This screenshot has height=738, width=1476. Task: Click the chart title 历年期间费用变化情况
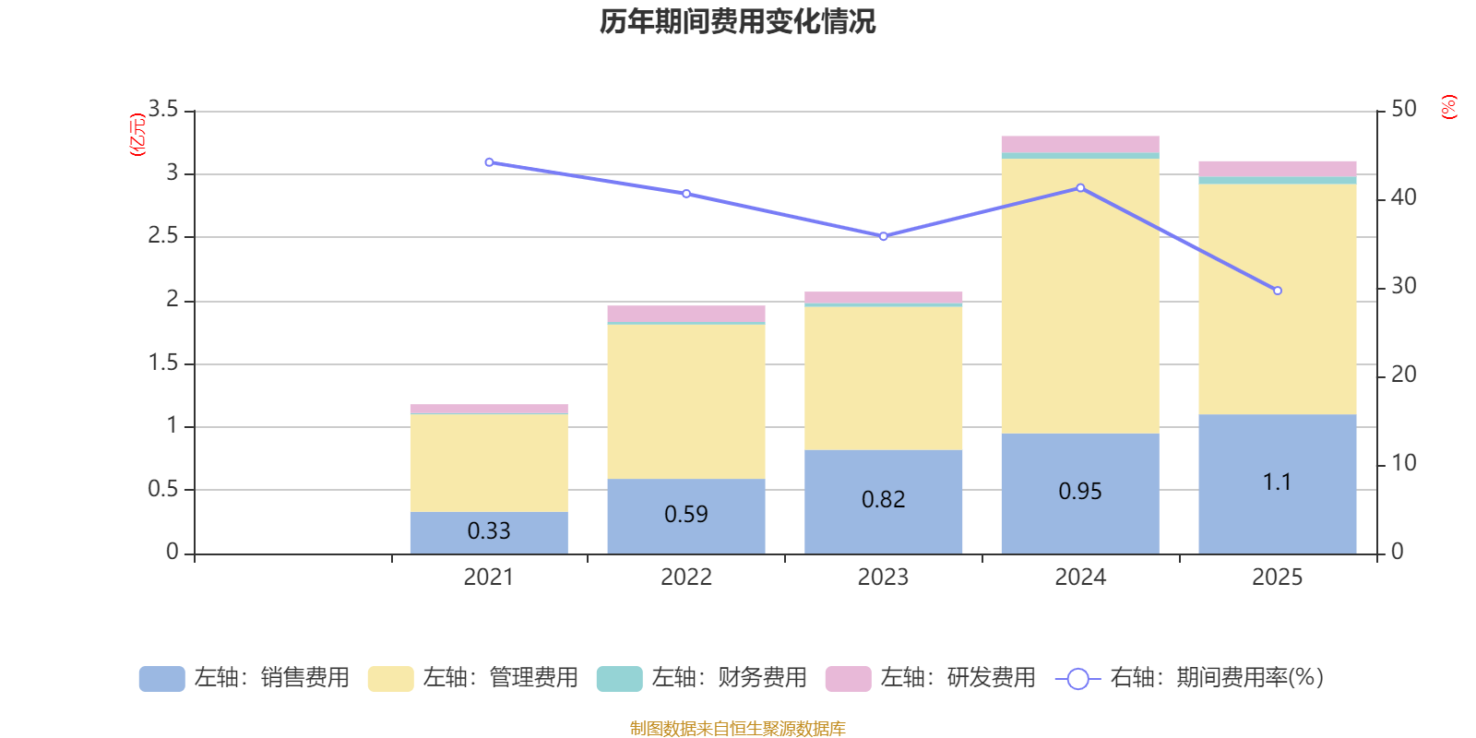tap(737, 21)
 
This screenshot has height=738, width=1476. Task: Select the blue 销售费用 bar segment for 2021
tap(489, 532)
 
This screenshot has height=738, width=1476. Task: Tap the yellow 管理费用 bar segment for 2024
tap(1080, 295)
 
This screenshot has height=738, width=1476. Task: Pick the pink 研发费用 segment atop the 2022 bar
tap(686, 314)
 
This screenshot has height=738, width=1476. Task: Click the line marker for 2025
tap(1278, 291)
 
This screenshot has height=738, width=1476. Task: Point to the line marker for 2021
tap(489, 162)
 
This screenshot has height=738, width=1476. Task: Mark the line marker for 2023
tap(884, 236)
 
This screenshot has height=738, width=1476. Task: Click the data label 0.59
tap(686, 515)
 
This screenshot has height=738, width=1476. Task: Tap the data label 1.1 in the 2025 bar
tap(1277, 482)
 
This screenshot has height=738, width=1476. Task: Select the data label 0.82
tap(884, 500)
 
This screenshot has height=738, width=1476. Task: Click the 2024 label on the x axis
tap(1080, 577)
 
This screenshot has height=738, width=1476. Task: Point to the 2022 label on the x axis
tap(686, 577)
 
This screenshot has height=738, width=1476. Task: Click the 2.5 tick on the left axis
tap(163, 236)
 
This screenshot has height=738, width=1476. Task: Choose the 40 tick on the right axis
tap(1403, 197)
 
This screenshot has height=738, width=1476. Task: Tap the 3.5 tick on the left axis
tap(163, 110)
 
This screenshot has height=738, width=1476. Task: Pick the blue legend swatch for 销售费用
tap(161, 679)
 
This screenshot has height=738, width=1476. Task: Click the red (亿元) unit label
tap(138, 135)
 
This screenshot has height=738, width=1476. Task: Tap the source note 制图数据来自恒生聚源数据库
tap(737, 729)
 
